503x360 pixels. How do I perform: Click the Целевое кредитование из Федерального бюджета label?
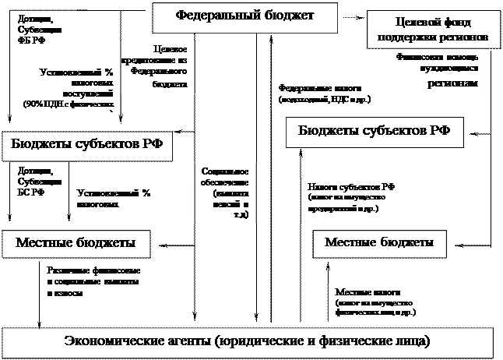coord(154,65)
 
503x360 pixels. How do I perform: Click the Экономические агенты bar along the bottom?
coord(247,341)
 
